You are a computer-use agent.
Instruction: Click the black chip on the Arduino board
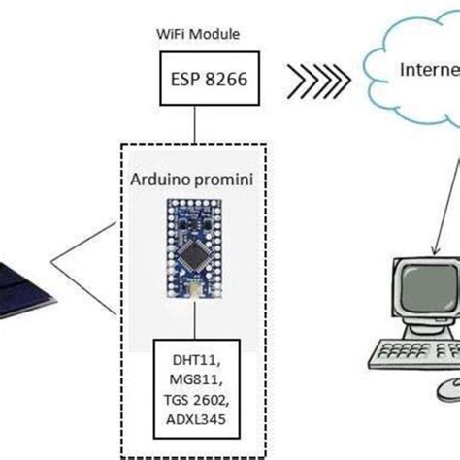click(x=198, y=249)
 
